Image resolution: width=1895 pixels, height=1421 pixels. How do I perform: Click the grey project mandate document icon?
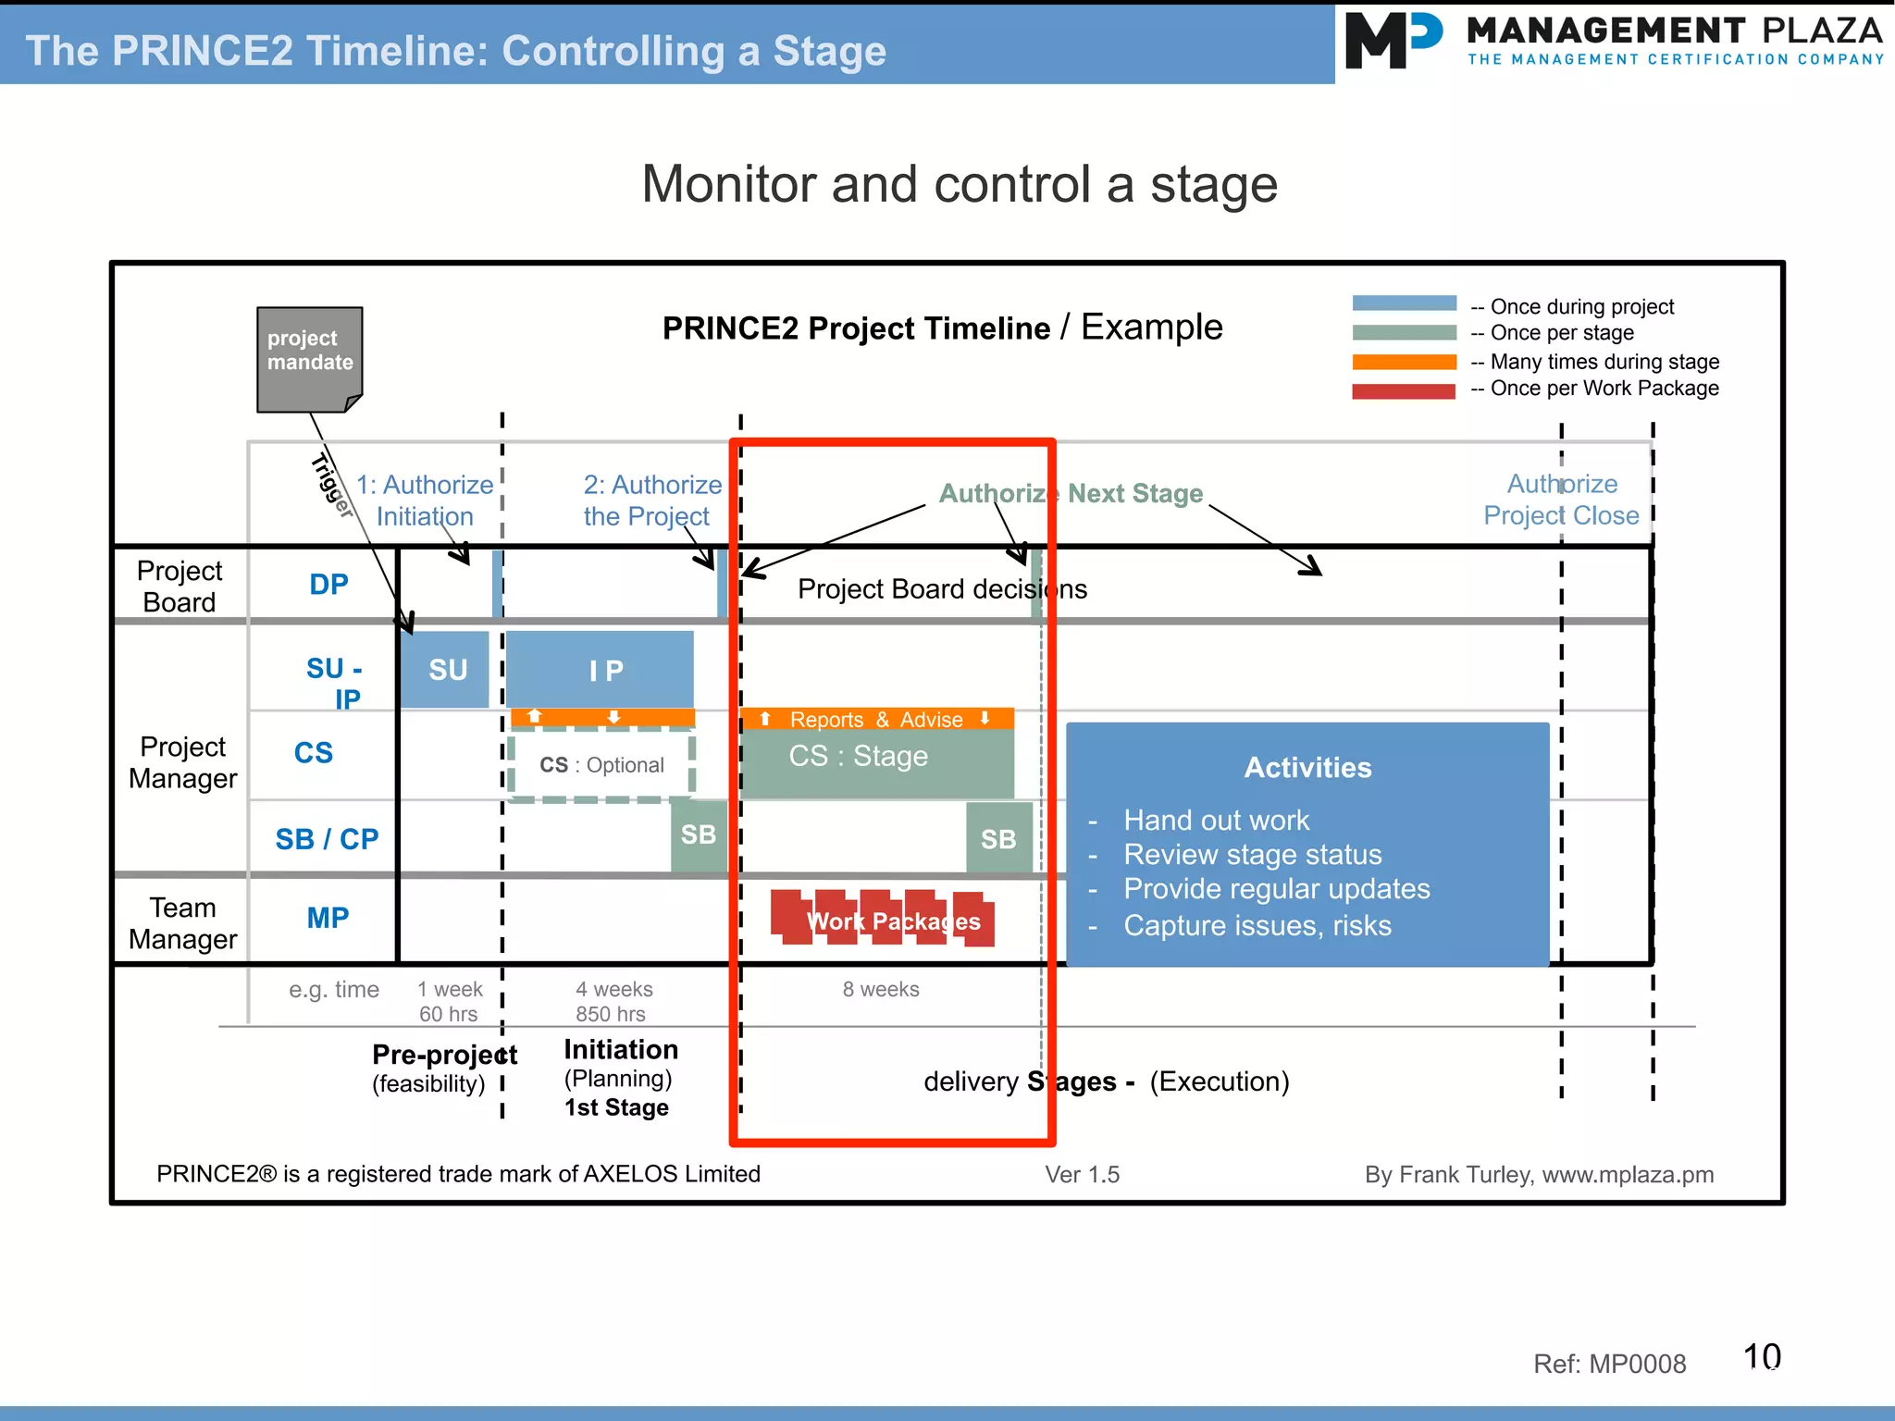(309, 359)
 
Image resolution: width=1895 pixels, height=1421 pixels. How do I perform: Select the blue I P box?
(600, 669)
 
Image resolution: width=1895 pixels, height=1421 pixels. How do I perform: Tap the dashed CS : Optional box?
(601, 765)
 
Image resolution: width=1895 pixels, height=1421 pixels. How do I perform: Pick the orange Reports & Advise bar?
(876, 719)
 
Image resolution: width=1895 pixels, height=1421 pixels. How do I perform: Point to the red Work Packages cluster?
(883, 919)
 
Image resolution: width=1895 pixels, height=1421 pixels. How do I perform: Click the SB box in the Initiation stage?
(698, 834)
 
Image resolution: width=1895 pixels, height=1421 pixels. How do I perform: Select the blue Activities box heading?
(1307, 767)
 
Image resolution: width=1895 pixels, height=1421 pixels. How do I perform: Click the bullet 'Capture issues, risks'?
(1257, 925)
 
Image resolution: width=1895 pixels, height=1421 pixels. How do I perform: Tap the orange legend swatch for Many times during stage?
(1404, 362)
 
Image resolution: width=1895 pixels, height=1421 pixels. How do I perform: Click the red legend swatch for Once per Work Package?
(1404, 390)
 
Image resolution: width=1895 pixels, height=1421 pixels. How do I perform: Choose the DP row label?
(328, 584)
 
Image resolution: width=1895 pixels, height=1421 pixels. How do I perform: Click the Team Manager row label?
(182, 922)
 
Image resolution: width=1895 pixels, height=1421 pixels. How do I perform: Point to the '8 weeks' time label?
(880, 989)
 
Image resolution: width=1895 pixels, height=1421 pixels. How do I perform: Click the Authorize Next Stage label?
(1071, 493)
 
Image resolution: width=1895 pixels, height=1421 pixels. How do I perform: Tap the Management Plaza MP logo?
(1393, 41)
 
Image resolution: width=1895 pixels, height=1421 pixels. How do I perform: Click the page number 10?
(1761, 1356)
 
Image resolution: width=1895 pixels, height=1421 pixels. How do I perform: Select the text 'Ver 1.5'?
(1082, 1174)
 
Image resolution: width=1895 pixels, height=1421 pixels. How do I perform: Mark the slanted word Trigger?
(332, 485)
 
